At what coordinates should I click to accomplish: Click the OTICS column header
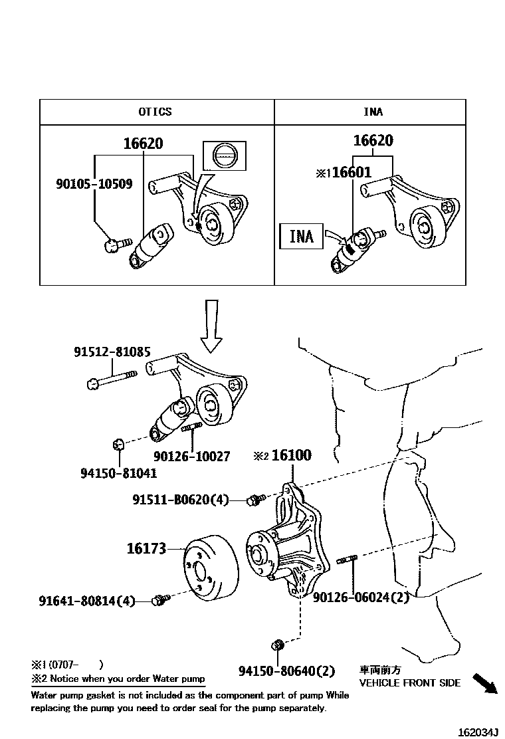click(x=155, y=112)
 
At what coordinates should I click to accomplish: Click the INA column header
click(x=372, y=112)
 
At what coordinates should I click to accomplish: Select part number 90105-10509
click(x=94, y=184)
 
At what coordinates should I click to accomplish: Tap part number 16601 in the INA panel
click(x=352, y=173)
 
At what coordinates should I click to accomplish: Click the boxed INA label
click(x=302, y=235)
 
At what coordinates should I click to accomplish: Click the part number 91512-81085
click(x=112, y=352)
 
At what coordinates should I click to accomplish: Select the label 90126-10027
click(x=191, y=457)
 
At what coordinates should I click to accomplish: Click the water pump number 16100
click(x=291, y=456)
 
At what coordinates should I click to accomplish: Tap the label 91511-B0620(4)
click(x=179, y=500)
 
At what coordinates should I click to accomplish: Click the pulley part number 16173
click(x=146, y=549)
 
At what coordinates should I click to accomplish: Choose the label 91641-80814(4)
click(x=86, y=601)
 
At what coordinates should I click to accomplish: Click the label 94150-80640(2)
click(x=286, y=671)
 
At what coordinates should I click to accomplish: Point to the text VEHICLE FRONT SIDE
click(x=409, y=683)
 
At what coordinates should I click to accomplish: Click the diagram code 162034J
click(x=476, y=732)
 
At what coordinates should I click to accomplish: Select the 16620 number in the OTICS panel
click(x=143, y=143)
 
